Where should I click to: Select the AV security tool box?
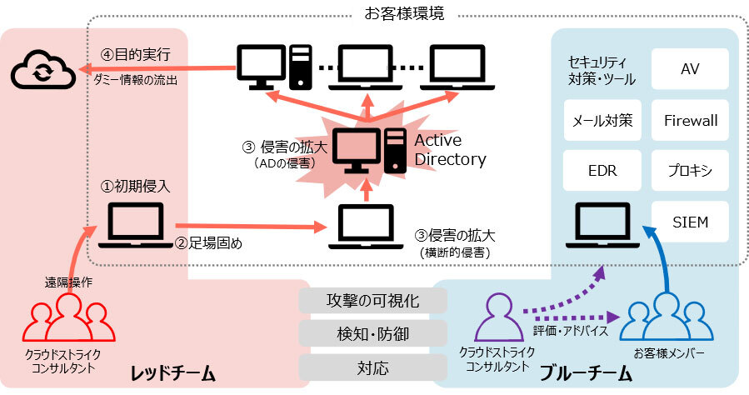(x=690, y=69)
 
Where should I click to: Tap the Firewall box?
(x=690, y=120)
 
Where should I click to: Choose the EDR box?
(x=602, y=171)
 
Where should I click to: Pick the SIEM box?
(x=690, y=222)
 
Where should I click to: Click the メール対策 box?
(x=602, y=120)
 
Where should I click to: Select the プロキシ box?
(x=690, y=171)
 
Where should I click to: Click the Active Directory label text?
(x=450, y=149)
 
